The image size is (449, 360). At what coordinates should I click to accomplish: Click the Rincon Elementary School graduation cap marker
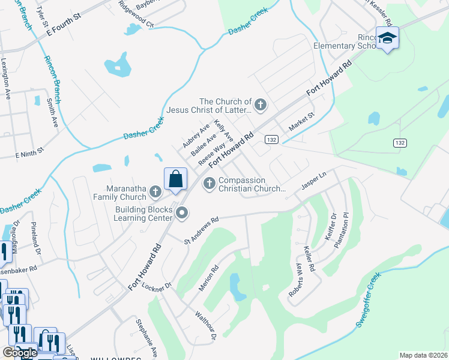[387, 38]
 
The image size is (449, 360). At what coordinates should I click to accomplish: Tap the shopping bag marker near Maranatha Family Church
[175, 179]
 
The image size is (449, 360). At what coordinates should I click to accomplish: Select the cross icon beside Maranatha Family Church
[155, 192]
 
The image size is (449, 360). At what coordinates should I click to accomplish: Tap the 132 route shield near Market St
[272, 139]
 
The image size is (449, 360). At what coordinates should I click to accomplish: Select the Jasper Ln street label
[313, 181]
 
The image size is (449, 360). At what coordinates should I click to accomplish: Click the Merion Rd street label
[211, 277]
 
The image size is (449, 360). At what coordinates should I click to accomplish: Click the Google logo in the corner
[20, 353]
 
